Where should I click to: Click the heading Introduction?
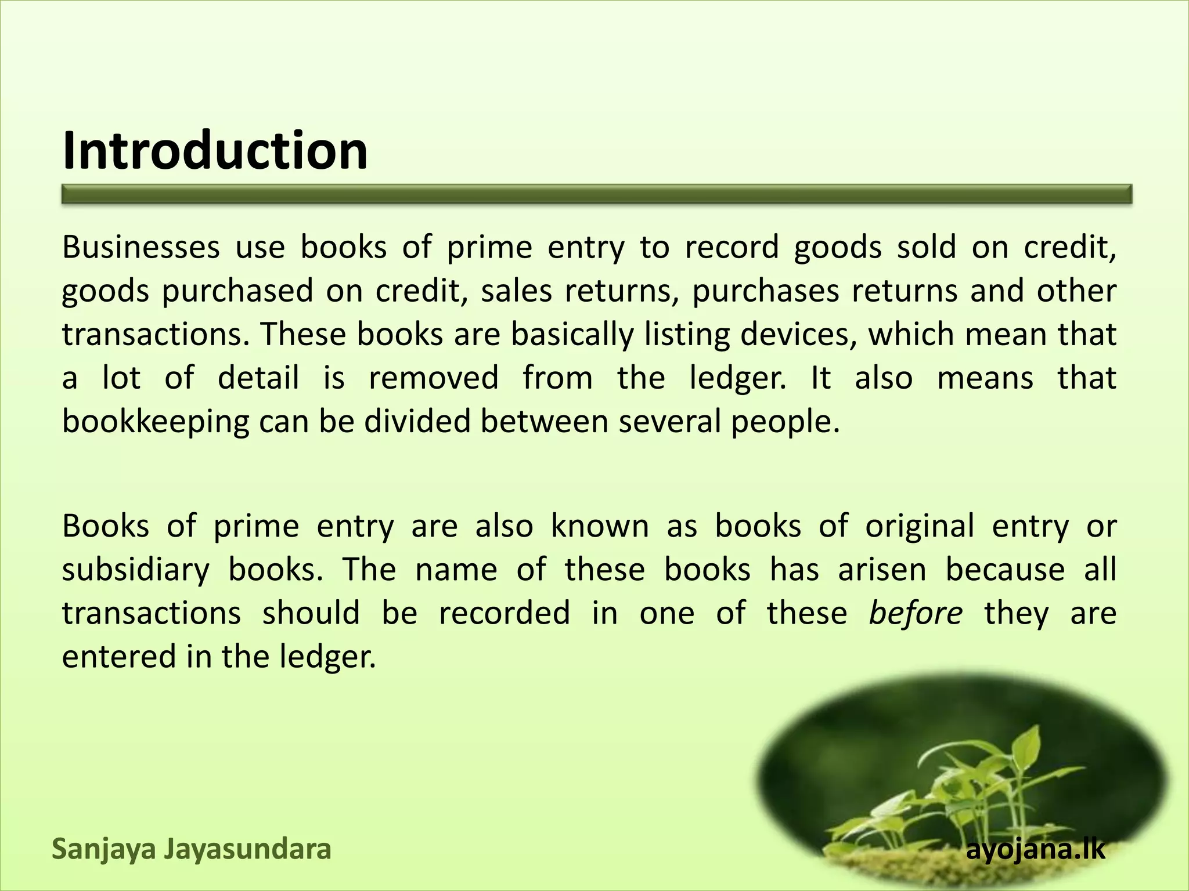tap(215, 150)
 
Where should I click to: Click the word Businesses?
tap(141, 247)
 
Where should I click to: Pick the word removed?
tap(434, 378)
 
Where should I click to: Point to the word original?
tap(920, 527)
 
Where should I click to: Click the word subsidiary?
tap(135, 570)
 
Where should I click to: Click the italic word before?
tap(916, 613)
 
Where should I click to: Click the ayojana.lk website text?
tap(1036, 850)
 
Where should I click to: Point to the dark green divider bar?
tap(596, 194)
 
